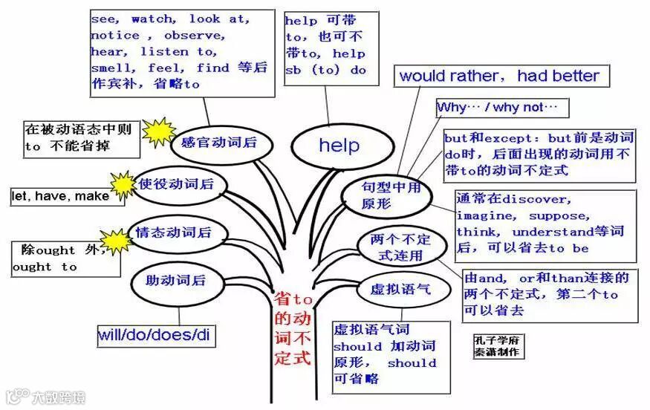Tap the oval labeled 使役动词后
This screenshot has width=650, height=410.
point(175,183)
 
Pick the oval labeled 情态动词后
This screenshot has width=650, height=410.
point(172,232)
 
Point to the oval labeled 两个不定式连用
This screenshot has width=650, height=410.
point(400,247)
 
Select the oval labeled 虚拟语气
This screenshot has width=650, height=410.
point(400,289)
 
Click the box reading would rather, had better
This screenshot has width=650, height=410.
point(499,76)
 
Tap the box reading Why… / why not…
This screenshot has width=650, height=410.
point(501,108)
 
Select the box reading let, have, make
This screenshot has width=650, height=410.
point(61,197)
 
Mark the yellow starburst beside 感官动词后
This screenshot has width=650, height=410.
point(158,133)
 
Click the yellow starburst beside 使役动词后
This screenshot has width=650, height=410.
point(123,183)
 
